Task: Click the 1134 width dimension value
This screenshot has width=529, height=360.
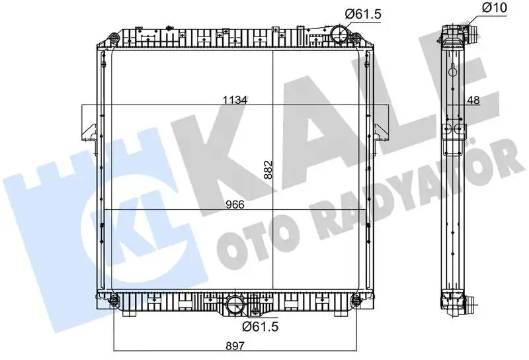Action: pos(235,100)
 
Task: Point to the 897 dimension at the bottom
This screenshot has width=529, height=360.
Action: pos(235,344)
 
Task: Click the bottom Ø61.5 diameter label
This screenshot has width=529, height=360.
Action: pos(258,325)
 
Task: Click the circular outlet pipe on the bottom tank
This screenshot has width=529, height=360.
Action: pos(235,306)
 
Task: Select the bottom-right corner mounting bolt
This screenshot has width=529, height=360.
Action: pos(356,303)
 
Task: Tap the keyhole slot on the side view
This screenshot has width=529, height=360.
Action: pos(453,69)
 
